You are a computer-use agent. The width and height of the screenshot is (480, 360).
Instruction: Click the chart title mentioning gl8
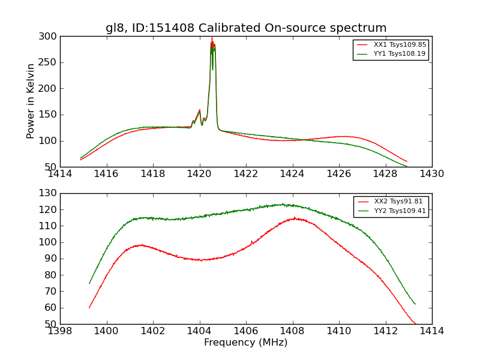point(246,28)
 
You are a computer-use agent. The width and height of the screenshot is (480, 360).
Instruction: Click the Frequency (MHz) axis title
point(245,343)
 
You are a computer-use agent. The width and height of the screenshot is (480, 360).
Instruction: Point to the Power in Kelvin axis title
point(31,101)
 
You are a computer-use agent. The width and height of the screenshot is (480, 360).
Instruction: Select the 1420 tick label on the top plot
point(199,174)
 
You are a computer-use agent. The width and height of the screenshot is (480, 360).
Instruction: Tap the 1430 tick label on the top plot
point(431,174)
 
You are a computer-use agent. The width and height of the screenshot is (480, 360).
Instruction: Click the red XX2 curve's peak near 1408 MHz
point(294,218)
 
